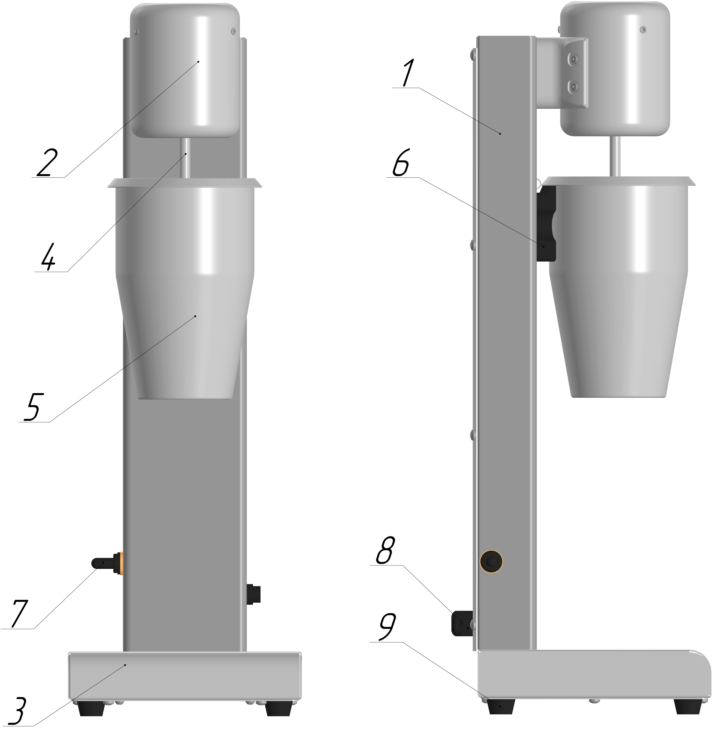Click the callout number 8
coord(385,550)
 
